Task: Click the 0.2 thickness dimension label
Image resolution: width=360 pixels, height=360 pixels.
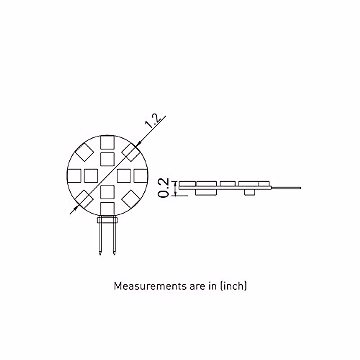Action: [x=164, y=188]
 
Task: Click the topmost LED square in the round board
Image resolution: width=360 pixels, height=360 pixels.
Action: [x=107, y=142]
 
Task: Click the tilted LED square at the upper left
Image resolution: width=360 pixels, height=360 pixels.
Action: [x=84, y=152]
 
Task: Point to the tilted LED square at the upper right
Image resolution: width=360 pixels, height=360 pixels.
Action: [x=131, y=152]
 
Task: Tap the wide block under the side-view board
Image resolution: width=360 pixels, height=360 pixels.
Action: [x=206, y=192]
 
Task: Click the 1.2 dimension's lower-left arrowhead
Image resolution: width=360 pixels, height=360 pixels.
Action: [x=76, y=207]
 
